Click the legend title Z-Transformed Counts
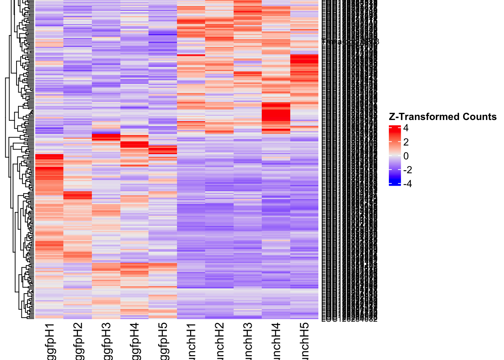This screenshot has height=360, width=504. [x=442, y=117]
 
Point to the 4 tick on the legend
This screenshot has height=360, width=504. [x=406, y=128]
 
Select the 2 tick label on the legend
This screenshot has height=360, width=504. [x=406, y=142]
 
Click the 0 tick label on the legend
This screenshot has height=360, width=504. [x=406, y=156]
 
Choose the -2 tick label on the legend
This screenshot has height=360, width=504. [x=407, y=170]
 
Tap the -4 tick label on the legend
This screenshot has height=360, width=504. [x=407, y=184]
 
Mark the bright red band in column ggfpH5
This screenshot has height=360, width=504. [x=163, y=150]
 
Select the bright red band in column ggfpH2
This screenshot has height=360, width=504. [x=78, y=195]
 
